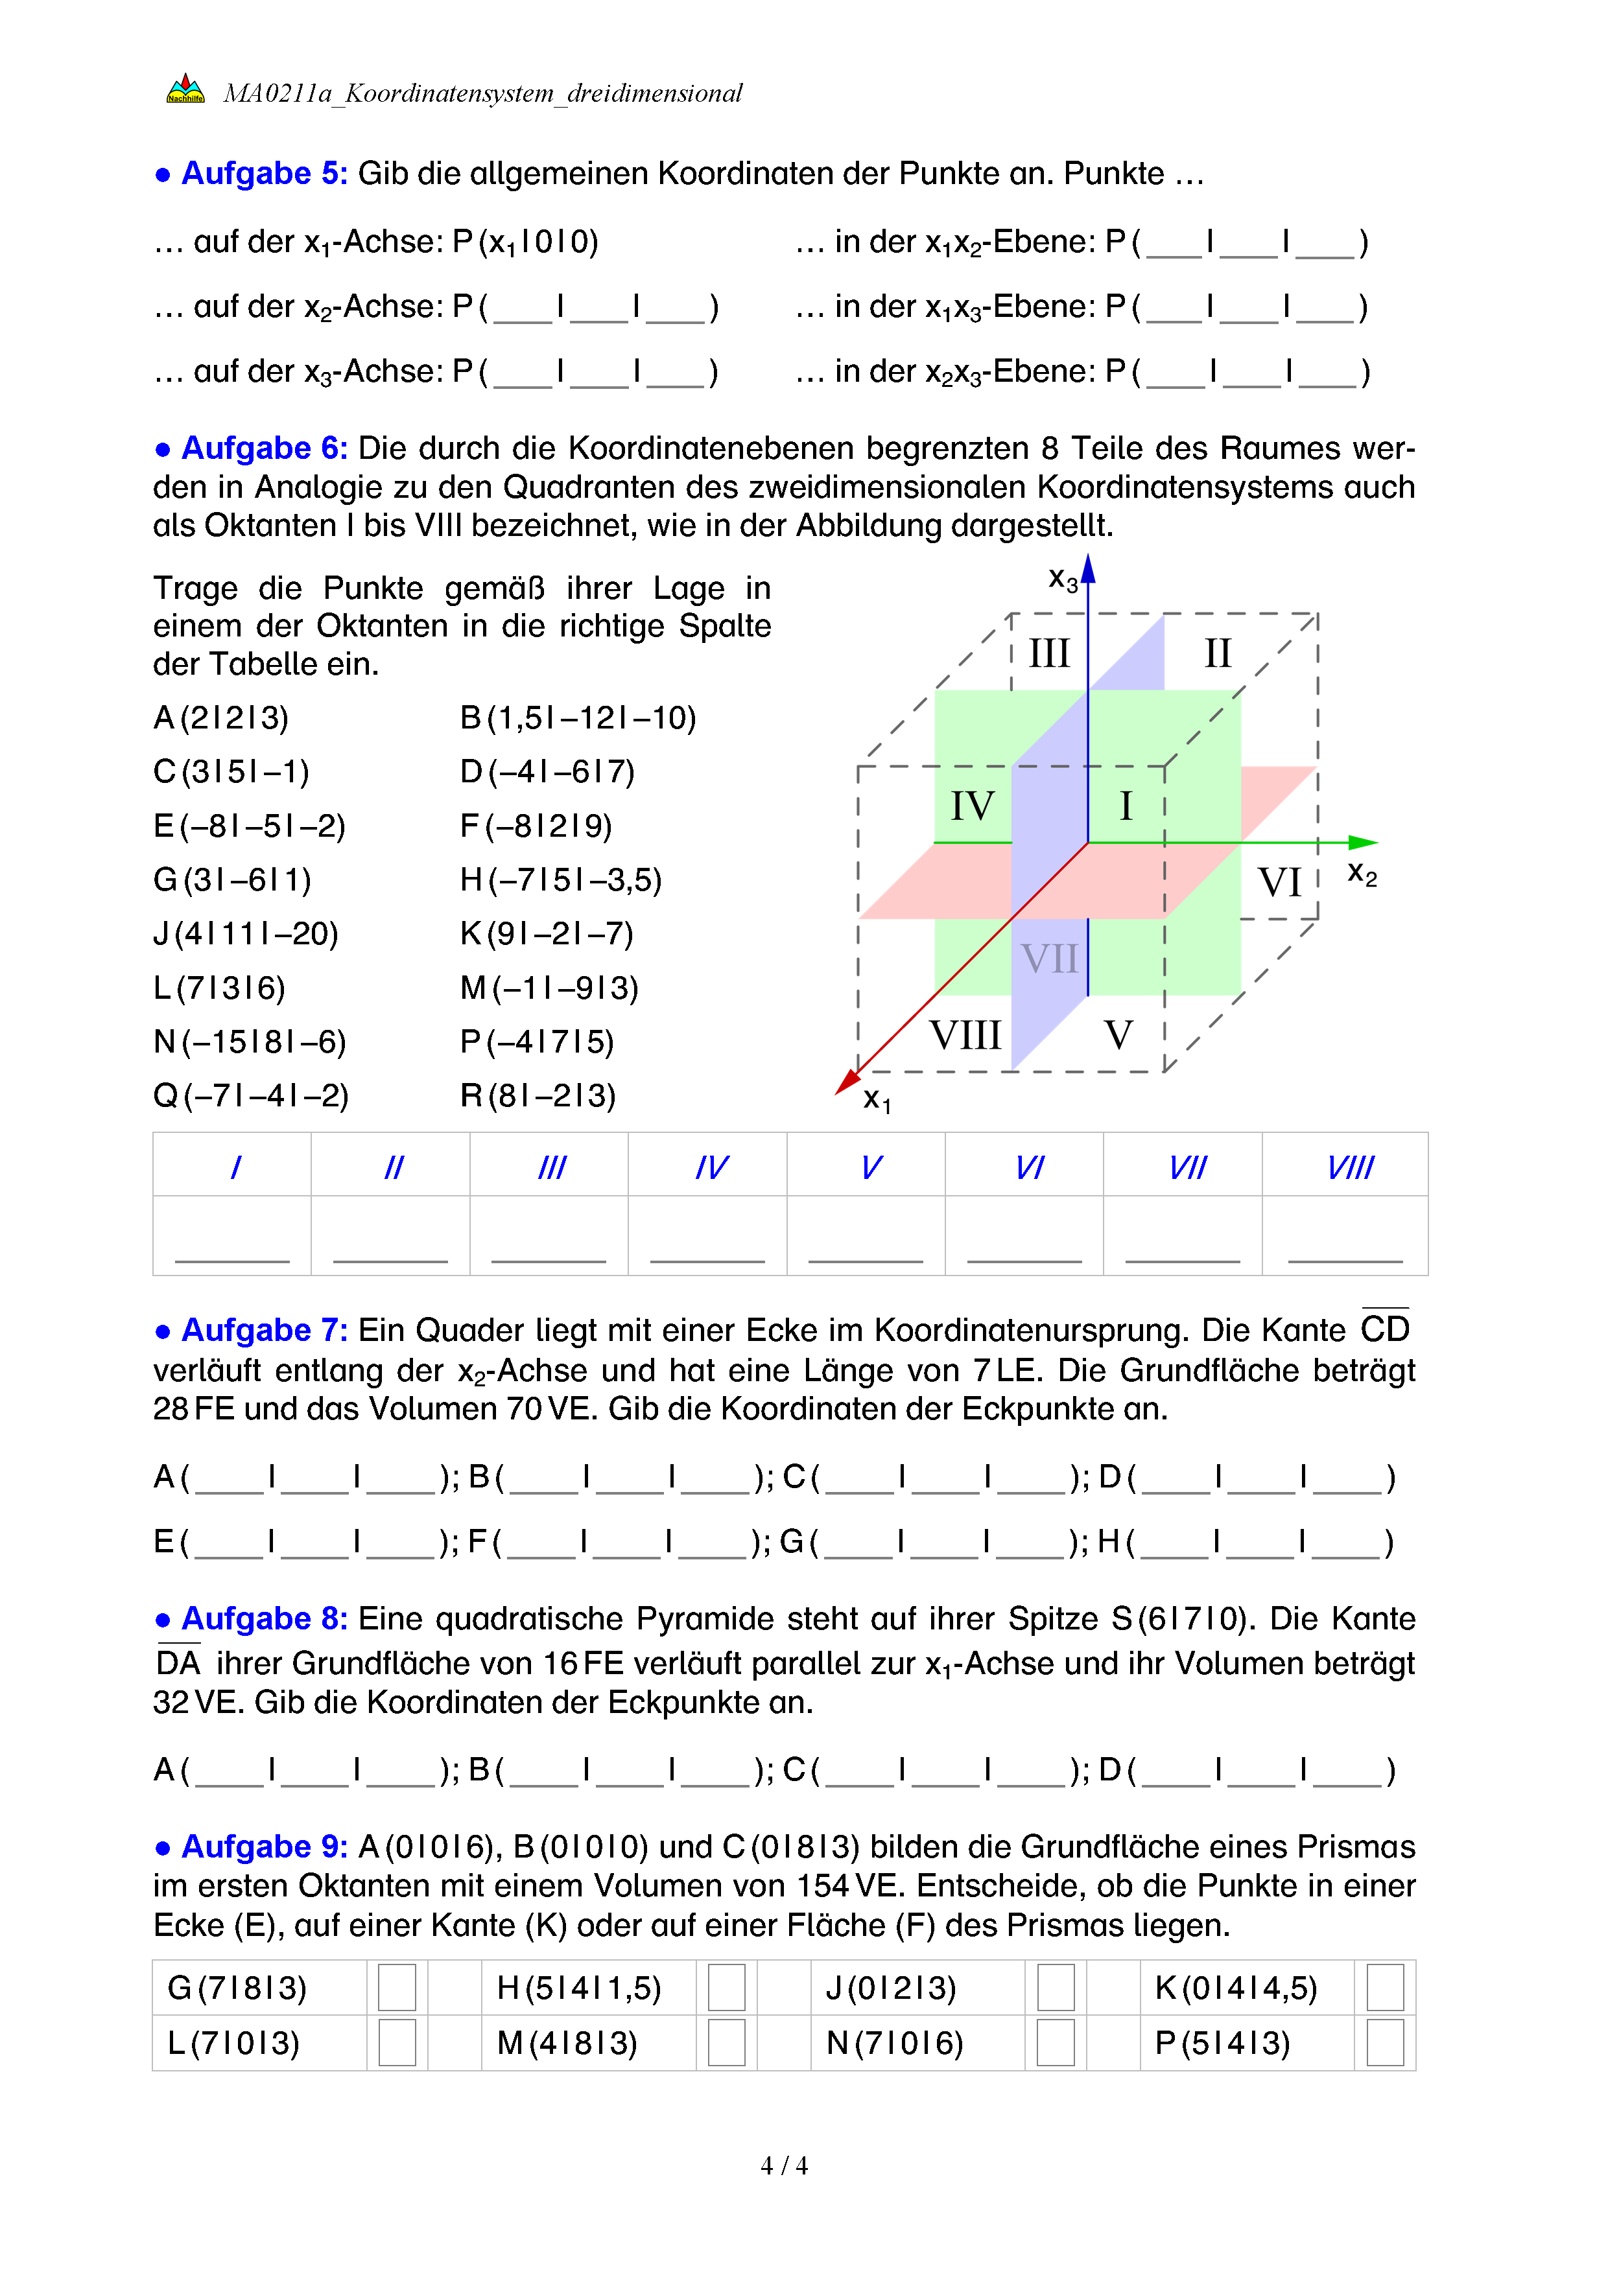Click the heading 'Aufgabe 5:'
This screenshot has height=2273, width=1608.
(263, 173)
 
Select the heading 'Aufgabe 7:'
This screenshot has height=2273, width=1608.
(263, 1329)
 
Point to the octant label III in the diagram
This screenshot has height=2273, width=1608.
(1048, 653)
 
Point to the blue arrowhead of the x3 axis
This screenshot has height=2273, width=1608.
(1088, 568)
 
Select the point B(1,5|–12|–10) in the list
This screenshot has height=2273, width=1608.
(578, 717)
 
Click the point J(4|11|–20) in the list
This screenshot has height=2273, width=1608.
(246, 933)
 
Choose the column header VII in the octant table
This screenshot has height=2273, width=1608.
(1187, 1168)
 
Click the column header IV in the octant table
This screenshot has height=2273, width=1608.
(711, 1168)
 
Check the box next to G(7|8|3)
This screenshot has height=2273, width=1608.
(397, 1987)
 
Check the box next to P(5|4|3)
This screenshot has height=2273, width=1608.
(1384, 2042)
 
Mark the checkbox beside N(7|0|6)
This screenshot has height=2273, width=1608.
(1056, 2042)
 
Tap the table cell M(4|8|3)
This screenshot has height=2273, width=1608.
(567, 2042)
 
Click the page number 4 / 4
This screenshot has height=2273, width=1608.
(783, 2166)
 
